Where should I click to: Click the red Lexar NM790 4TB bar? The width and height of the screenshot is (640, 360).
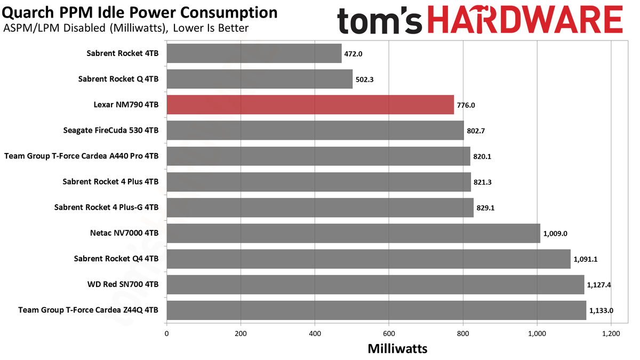click(310, 105)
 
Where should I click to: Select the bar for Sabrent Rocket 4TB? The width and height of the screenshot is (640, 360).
click(254, 53)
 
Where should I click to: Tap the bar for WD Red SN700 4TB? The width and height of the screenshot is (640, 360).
click(375, 285)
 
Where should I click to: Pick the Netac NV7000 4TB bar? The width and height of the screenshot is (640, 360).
click(354, 233)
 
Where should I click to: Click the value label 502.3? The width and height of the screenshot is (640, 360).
click(364, 79)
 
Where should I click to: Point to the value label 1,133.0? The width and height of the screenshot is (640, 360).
click(601, 310)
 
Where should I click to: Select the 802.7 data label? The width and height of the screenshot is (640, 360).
click(476, 131)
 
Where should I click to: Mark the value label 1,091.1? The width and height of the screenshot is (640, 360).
click(586, 259)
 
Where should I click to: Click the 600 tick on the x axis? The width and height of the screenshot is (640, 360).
click(389, 334)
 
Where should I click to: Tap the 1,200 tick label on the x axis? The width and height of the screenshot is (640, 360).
click(611, 334)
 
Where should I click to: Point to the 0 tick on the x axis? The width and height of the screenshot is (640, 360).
click(166, 334)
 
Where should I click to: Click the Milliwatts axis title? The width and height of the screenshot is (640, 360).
click(397, 349)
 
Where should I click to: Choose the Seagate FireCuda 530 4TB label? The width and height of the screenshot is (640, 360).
click(111, 130)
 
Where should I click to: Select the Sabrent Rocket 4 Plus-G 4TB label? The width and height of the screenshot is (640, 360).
click(106, 207)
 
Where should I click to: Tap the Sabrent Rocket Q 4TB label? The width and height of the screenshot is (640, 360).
click(118, 79)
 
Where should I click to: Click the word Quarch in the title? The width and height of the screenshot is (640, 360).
click(28, 13)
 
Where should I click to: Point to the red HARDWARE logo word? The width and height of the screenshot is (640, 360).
click(525, 20)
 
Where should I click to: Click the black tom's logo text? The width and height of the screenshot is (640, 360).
click(380, 21)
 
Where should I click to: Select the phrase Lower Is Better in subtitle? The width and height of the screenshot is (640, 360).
click(211, 28)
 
